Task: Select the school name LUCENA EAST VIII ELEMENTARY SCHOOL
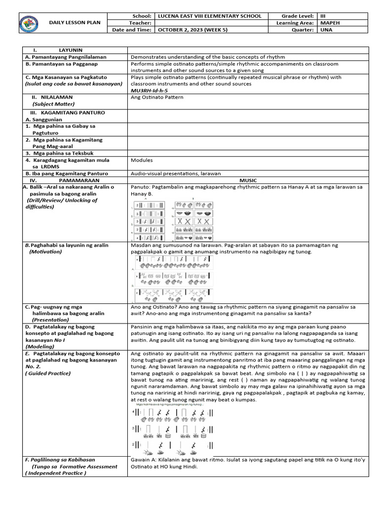[209, 16]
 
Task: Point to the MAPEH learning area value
[330, 23]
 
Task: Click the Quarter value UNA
[326, 30]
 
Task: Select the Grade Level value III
[323, 16]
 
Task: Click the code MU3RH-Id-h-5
[150, 91]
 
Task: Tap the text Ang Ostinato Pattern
[157, 97]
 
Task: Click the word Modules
[142, 160]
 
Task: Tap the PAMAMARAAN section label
[73, 180]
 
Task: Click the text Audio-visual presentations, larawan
[176, 174]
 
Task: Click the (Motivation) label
[45, 252]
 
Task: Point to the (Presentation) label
[50, 320]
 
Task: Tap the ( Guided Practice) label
[48, 373]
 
